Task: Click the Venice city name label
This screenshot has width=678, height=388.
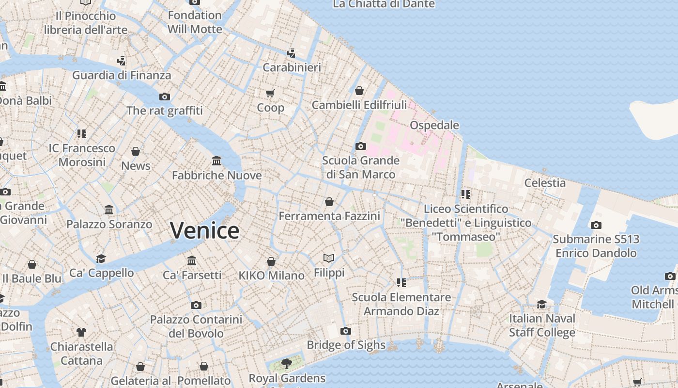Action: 204,230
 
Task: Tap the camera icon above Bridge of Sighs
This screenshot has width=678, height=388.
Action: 345,331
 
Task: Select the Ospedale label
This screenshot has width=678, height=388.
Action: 434,125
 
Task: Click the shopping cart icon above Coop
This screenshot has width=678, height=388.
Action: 270,93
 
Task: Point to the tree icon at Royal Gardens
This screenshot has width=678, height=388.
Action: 287,363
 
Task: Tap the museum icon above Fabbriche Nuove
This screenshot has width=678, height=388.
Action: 216,161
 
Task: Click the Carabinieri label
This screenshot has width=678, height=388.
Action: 292,67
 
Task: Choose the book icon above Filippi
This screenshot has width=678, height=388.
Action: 329,258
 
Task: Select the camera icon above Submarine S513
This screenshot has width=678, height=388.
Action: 596,225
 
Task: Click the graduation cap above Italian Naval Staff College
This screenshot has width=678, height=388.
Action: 541,304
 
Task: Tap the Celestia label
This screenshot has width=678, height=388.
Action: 545,183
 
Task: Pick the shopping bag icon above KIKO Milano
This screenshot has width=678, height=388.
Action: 271,261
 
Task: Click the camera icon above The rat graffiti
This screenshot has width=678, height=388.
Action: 165,97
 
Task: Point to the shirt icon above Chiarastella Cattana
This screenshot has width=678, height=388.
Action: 81,332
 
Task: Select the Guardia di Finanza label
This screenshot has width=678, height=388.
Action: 122,75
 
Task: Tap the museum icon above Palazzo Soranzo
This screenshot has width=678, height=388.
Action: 109,210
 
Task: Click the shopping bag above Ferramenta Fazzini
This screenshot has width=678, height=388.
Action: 329,202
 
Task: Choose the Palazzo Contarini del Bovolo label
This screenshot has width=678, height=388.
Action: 196,326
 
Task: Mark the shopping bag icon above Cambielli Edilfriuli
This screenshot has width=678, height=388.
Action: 359,91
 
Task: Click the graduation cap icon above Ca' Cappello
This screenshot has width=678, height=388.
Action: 101,259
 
